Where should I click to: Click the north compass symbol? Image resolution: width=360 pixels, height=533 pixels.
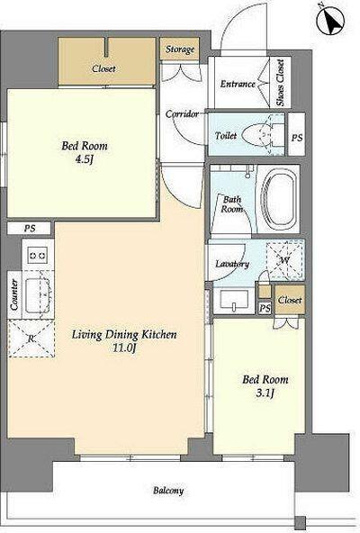click(330, 21)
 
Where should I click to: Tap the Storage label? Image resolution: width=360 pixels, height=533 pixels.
click(180, 50)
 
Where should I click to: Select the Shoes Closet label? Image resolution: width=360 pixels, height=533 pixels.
click(281, 83)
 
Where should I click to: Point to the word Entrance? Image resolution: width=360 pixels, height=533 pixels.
click(238, 84)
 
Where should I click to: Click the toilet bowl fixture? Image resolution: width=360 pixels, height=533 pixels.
click(263, 135)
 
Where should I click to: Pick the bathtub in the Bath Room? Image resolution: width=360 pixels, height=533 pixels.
click(278, 199)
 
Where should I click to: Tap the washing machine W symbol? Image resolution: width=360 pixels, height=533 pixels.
click(285, 260)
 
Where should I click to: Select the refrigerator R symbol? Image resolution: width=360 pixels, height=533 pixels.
click(31, 339)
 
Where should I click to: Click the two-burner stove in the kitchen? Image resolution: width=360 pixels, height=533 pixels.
click(37, 255)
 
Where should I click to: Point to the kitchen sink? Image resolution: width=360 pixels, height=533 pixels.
click(38, 295)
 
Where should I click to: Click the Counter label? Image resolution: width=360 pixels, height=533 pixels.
click(14, 294)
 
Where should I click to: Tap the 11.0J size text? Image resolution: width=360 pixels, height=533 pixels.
click(124, 348)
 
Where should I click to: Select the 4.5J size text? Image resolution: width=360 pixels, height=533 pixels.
click(84, 159)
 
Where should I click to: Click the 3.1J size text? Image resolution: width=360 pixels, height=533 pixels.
click(265, 393)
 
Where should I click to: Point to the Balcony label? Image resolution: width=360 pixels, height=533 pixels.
click(168, 491)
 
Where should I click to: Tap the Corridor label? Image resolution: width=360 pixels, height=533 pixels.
click(182, 113)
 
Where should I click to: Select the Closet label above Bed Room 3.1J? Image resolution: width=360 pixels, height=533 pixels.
click(290, 300)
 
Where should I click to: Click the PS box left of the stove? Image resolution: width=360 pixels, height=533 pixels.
click(30, 228)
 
